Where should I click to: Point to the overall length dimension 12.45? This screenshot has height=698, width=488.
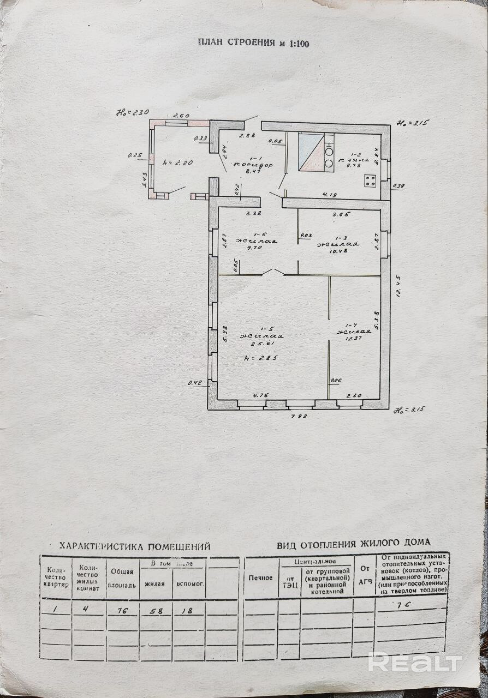[400, 300]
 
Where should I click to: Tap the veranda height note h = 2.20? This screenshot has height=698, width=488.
[177, 162]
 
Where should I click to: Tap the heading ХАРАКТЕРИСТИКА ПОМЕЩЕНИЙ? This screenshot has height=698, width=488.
[134, 545]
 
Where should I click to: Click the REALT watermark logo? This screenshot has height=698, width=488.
[415, 663]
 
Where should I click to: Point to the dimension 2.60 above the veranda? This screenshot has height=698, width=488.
[181, 116]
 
